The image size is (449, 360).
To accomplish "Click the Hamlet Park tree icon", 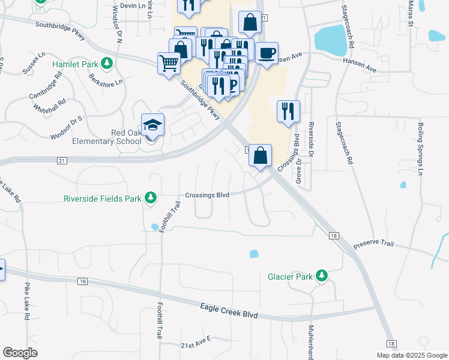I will coord(107,63).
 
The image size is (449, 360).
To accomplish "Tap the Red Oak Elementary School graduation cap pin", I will coord(152,127).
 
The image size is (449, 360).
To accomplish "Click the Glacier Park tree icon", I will coord(322,276).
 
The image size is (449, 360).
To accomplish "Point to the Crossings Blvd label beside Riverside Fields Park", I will coord(207,195).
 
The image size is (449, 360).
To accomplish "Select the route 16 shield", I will coord(83,281).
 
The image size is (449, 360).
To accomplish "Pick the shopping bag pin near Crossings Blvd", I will coord(260,156).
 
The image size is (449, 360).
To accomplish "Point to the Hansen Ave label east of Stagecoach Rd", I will coord(360,65).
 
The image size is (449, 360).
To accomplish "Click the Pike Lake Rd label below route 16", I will coord(27,304).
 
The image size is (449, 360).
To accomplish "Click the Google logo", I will coord(20,353).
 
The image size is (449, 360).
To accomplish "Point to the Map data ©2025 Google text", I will coord(411,355).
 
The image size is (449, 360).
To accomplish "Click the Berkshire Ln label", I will coord(105,79).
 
